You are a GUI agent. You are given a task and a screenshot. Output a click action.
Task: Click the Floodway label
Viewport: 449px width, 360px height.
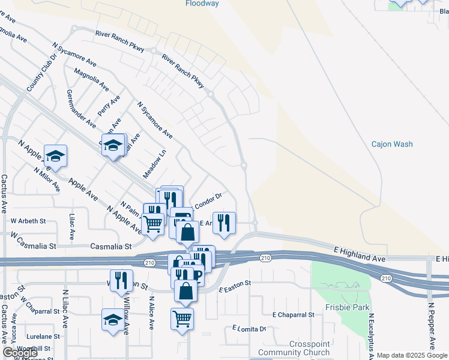coord(202,4)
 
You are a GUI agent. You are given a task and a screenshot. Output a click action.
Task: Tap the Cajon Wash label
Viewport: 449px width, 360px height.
coord(392,144)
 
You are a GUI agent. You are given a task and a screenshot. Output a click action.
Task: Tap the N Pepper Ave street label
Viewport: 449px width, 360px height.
coord(431,324)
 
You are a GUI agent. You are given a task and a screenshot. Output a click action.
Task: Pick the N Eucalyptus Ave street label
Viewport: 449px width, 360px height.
coord(372,336)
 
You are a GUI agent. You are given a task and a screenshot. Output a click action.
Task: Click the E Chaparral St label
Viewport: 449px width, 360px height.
coord(293,314)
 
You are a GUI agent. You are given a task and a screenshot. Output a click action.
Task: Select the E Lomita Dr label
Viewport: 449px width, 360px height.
coord(249,329)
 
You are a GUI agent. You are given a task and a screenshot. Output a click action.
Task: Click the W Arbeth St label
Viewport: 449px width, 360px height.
coord(28,221)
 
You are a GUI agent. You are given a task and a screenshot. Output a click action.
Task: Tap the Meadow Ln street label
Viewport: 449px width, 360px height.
coord(153,164)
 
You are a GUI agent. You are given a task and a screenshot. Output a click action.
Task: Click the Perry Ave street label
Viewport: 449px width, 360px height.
coord(109,106)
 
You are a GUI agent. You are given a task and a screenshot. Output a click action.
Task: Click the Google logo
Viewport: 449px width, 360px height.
coord(20,353)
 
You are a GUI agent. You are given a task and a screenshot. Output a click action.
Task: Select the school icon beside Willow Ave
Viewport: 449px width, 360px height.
coord(113,320)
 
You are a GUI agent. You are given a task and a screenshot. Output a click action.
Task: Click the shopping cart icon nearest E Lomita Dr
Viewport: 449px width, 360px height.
coord(182,318)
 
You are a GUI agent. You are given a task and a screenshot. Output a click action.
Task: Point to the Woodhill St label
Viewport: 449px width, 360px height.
coord(34,349)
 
